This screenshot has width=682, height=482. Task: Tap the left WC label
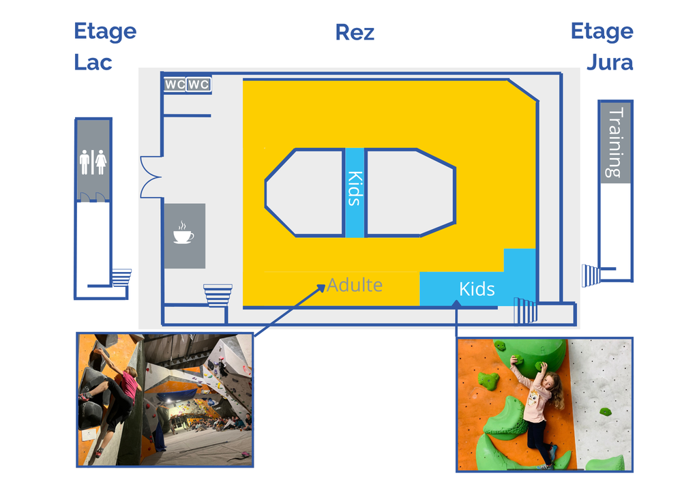175,85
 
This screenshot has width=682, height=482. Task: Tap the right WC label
198,85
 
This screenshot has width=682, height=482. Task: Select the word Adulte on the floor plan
355,284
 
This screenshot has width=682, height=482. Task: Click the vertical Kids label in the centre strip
354,188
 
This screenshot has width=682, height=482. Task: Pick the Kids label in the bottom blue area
477,288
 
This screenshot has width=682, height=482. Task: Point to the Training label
616,142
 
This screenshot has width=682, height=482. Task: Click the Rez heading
355,32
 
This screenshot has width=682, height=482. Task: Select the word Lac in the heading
93,63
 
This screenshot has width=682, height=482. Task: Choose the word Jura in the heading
609,63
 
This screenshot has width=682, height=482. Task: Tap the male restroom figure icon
85,163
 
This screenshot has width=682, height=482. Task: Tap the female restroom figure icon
101,163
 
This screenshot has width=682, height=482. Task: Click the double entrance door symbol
150,176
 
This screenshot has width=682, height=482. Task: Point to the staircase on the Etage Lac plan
121,278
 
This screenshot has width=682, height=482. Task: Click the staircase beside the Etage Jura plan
591,275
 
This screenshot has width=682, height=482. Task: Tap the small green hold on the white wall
605,411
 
